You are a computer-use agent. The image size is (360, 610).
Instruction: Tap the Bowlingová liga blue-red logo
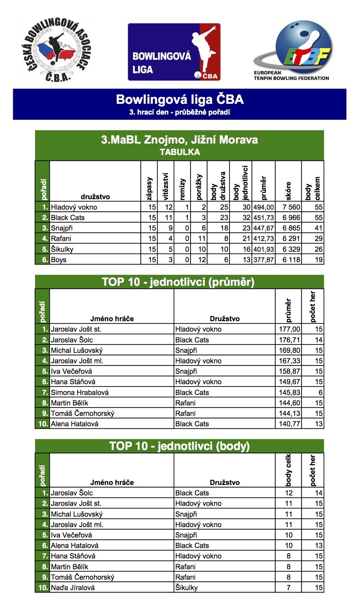click(x=174, y=52)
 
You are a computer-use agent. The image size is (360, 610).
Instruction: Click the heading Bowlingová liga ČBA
click(x=180, y=99)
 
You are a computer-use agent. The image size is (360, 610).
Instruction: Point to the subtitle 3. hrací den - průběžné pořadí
click(x=180, y=112)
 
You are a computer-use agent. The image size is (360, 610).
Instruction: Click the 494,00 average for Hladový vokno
click(x=264, y=207)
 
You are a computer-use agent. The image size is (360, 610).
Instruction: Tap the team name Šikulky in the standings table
click(x=62, y=249)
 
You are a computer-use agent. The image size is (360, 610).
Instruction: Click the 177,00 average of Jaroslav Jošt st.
click(x=289, y=329)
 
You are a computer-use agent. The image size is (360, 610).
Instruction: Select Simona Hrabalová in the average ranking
click(x=80, y=393)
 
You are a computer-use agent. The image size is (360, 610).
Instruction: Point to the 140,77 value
click(x=289, y=424)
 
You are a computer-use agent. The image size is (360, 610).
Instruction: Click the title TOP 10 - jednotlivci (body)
click(x=179, y=446)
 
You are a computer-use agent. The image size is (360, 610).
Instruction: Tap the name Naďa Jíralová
click(x=73, y=588)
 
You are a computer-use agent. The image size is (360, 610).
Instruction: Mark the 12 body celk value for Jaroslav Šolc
click(x=289, y=493)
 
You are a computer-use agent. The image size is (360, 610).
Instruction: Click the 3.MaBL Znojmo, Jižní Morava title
click(x=179, y=140)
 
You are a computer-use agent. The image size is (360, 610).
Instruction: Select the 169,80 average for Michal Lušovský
click(x=289, y=350)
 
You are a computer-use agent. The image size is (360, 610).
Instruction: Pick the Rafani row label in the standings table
click(x=61, y=239)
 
